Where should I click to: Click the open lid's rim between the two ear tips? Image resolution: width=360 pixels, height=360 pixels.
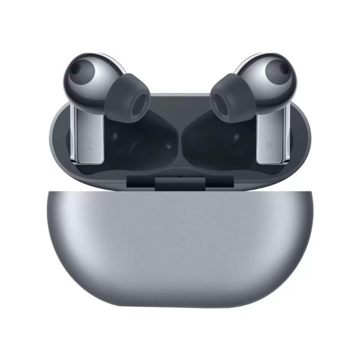point(180,96)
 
